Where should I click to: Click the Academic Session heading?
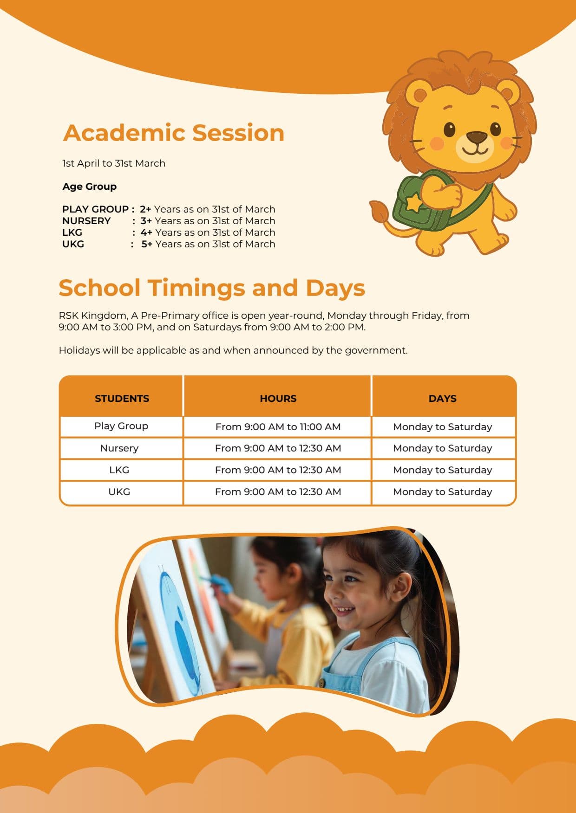173,133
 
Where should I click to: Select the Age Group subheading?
89,187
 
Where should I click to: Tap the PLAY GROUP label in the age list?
95,209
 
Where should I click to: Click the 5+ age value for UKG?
147,244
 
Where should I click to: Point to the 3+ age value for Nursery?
146,221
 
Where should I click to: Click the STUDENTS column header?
122,399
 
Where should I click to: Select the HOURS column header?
278,399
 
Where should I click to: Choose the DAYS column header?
442,399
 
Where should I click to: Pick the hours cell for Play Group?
278,427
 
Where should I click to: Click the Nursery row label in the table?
119,448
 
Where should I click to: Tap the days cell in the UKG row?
442,492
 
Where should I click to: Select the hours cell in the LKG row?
278,470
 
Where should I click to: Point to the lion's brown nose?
477,137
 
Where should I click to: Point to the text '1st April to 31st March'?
114,163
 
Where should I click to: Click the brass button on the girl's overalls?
321,683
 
